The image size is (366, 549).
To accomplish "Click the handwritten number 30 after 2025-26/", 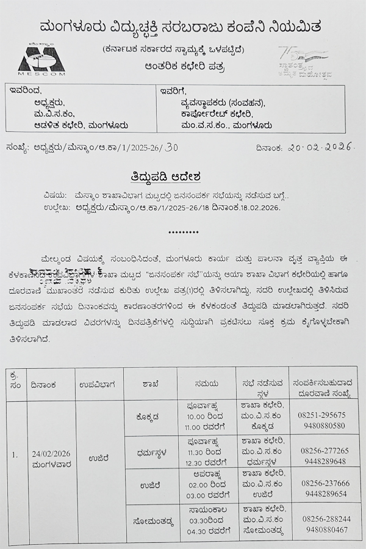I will (171, 147).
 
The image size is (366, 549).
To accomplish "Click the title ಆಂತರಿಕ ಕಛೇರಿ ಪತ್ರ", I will (181, 65).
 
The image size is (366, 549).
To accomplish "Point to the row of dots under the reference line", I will (183, 233).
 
